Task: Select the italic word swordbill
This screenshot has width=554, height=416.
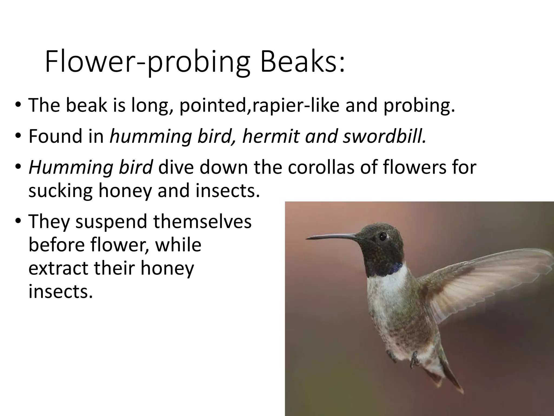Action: (x=384, y=136)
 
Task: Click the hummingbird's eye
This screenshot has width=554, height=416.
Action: (x=382, y=236)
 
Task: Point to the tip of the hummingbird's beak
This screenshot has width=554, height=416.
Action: (x=307, y=239)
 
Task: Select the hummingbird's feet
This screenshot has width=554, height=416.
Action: (x=414, y=357)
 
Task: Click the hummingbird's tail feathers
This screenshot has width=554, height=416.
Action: (x=449, y=379)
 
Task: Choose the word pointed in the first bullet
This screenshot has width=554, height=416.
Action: (x=214, y=106)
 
